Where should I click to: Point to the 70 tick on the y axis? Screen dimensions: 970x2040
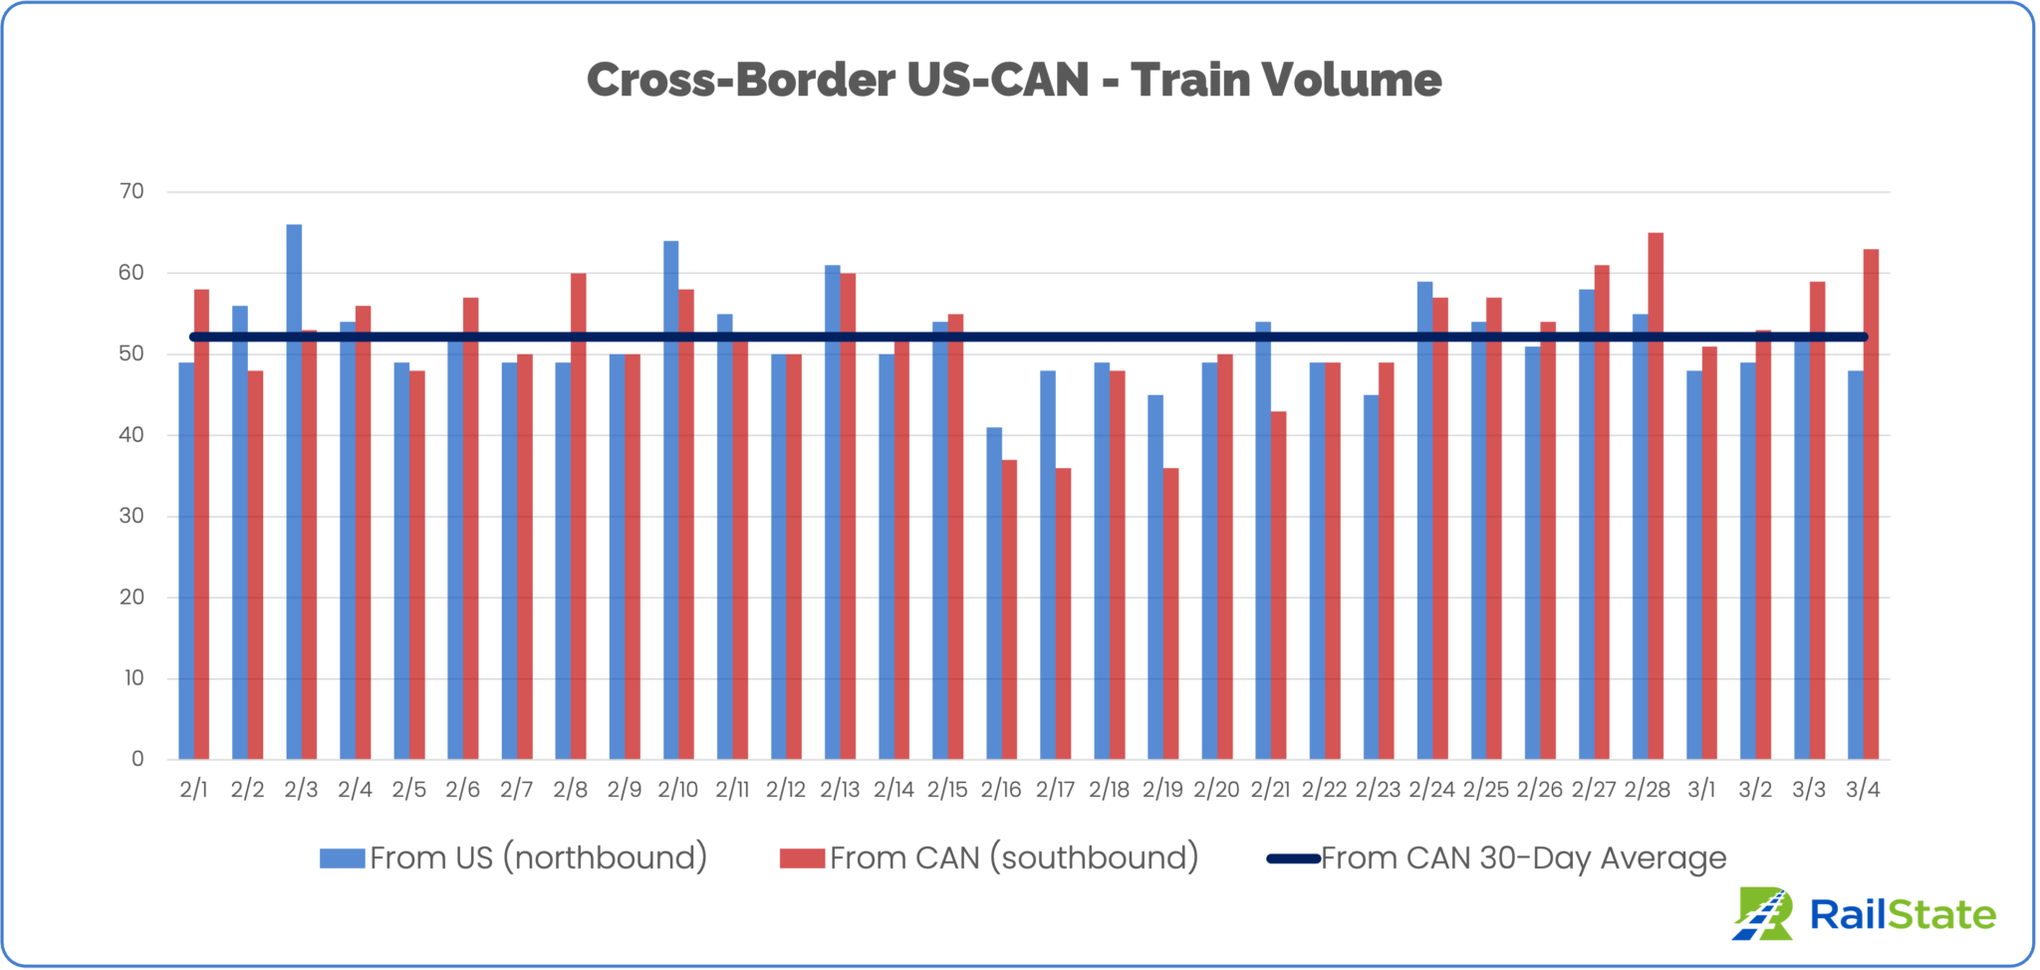coord(131,191)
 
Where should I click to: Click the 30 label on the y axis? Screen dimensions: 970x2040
coord(131,516)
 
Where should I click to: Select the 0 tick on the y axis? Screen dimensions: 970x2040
coord(137,759)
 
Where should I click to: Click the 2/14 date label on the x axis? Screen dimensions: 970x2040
coord(893,790)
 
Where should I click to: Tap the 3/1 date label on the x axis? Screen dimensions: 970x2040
coord(1701,790)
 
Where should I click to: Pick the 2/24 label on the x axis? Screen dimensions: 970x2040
coord(1431,790)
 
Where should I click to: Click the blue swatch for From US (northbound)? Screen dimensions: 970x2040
coord(342,858)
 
